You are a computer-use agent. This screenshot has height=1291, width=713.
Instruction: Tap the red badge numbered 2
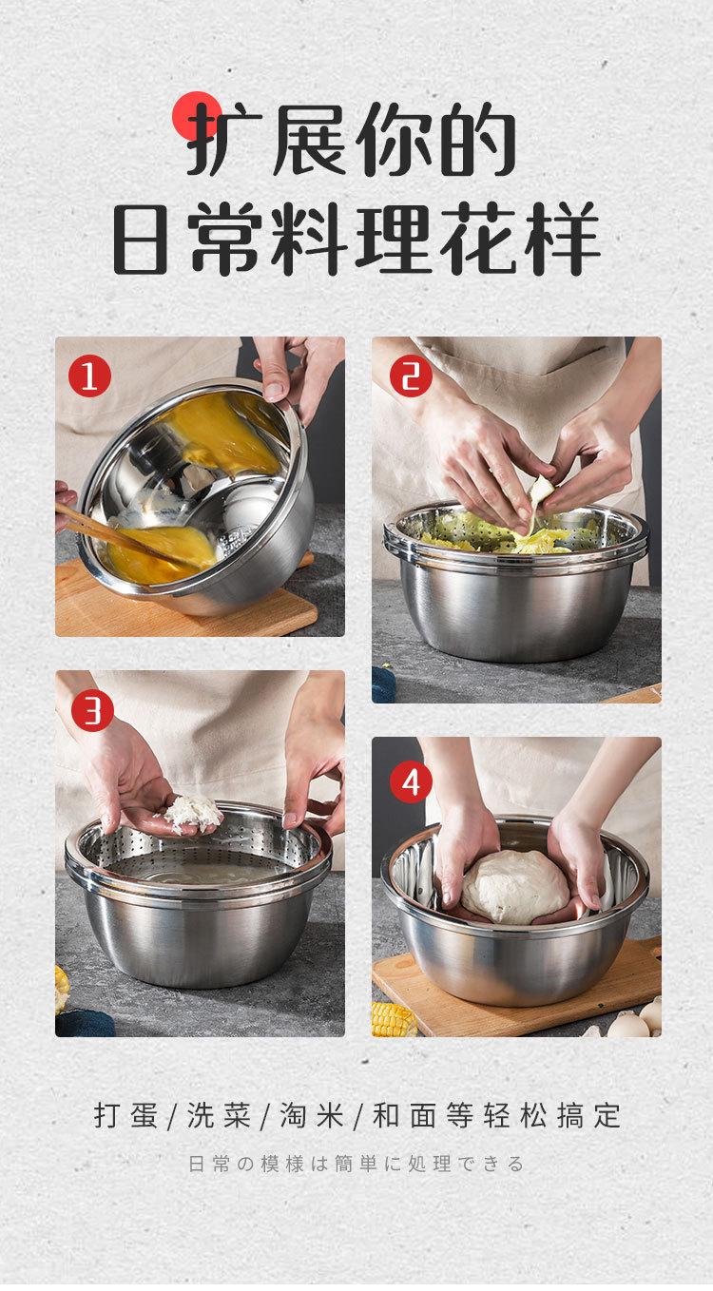click(411, 376)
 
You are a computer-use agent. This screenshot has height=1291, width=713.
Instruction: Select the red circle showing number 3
click(92, 710)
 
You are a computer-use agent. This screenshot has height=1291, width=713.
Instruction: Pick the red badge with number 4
click(411, 782)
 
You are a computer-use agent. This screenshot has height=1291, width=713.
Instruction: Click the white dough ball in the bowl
click(514, 886)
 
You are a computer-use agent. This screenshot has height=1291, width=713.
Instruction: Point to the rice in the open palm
click(192, 813)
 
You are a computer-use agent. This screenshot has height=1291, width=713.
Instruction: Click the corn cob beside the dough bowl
click(394, 1018)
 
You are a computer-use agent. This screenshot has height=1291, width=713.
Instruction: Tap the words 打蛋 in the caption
click(125, 1115)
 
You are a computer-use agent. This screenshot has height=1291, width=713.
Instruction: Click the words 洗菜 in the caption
click(219, 1115)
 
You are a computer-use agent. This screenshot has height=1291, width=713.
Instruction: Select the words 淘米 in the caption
click(312, 1115)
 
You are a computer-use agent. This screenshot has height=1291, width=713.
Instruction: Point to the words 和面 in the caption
click(405, 1115)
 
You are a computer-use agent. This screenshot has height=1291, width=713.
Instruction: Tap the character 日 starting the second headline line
click(141, 237)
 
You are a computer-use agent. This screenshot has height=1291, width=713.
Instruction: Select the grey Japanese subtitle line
click(356, 1164)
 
